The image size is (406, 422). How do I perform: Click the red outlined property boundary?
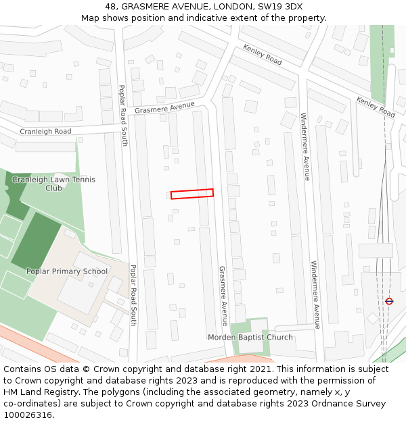tap(191, 194)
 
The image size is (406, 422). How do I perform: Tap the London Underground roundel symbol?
tap(389, 301)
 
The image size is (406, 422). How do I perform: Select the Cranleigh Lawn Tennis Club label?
tap(53, 184)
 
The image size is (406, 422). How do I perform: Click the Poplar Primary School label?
tap(67, 271)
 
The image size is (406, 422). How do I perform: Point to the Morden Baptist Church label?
tap(250, 338)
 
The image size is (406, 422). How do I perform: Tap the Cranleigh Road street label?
tap(45, 132)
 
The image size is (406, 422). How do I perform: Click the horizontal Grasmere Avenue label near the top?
tap(164, 108)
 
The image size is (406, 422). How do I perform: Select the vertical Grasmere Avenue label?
tap(223, 296)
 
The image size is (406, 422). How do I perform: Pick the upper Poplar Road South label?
tap(123, 115)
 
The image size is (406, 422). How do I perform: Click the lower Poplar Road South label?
tap(133, 295)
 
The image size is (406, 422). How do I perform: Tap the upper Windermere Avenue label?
tap(305, 147)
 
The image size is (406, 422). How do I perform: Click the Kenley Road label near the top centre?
tap(263, 55)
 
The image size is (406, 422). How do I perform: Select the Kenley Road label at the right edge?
tap(376, 107)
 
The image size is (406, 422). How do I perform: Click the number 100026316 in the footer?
tap(26, 415)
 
